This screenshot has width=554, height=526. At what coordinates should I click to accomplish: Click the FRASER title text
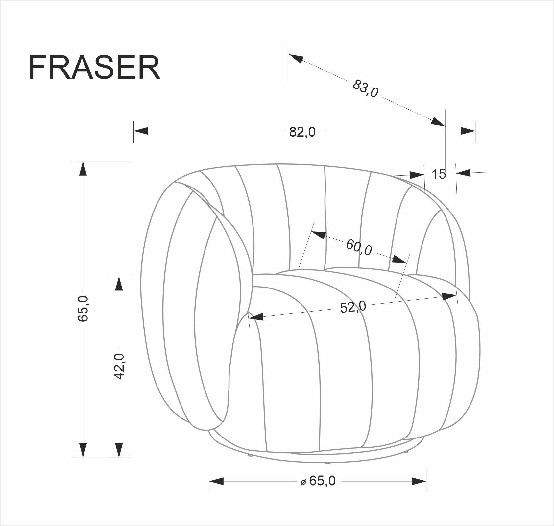[x=94, y=68]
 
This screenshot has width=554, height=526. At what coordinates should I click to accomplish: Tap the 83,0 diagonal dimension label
[x=366, y=88]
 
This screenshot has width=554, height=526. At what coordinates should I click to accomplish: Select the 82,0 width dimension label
[x=302, y=132]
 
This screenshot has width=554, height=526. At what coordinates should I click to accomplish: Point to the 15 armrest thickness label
[x=439, y=174]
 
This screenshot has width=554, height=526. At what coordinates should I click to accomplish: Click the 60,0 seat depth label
[x=359, y=247]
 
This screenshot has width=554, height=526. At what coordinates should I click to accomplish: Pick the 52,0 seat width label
[x=353, y=307]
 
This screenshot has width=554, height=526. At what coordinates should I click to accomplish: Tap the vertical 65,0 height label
[x=83, y=308]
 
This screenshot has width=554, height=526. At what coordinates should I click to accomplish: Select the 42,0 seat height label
[x=119, y=366]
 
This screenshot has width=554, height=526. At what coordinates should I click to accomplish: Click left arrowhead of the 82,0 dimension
[x=141, y=131]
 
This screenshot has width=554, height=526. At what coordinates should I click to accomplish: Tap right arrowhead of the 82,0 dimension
[x=468, y=131]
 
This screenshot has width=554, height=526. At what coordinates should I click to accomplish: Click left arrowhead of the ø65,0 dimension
[x=216, y=481]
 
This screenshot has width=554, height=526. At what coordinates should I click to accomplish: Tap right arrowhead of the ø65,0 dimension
[x=419, y=481]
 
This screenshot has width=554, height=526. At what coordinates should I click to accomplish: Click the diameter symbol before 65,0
[x=303, y=482]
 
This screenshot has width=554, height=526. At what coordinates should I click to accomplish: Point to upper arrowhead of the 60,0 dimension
[x=318, y=235]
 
